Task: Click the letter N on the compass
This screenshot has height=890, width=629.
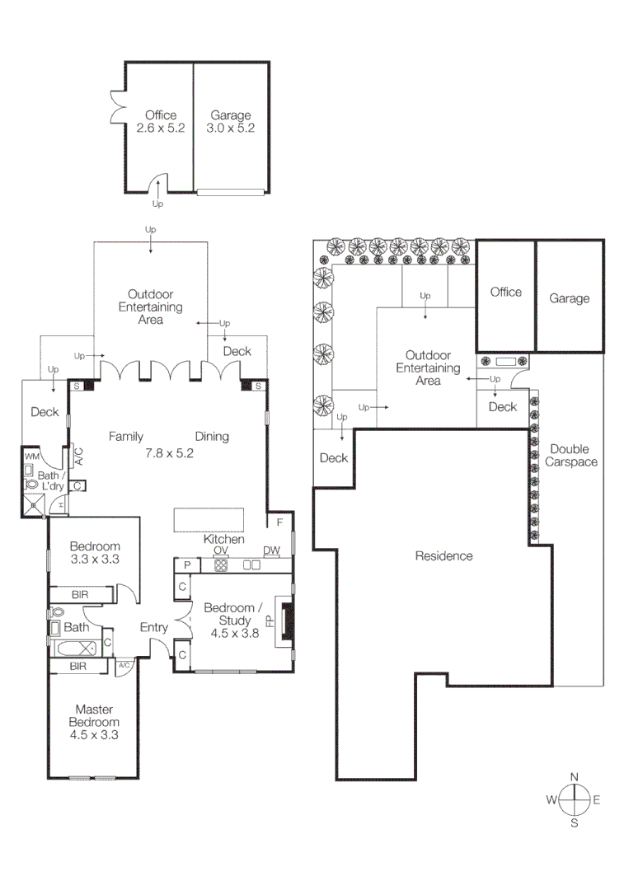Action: point(575,776)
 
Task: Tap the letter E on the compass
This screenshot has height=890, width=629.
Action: point(597,799)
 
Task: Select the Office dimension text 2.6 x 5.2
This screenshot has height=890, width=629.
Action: point(161,129)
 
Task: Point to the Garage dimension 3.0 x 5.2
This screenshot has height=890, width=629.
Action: point(230,129)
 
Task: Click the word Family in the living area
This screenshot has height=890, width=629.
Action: point(126,437)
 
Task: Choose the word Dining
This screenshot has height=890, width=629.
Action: point(212,437)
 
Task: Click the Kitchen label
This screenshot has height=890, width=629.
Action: point(224,539)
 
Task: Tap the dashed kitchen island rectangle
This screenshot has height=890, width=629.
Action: point(209,520)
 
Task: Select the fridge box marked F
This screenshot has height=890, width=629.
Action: point(279,522)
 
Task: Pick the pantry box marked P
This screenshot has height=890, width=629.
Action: point(187,565)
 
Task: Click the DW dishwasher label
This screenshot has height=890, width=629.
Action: point(271,550)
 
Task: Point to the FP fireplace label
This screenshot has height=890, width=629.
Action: point(270,621)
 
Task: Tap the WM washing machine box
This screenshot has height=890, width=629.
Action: point(32,457)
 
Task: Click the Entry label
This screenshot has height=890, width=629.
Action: point(153,628)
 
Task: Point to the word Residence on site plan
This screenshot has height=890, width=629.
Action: point(444,556)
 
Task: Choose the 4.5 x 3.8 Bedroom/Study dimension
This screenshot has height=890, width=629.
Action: point(223,635)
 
